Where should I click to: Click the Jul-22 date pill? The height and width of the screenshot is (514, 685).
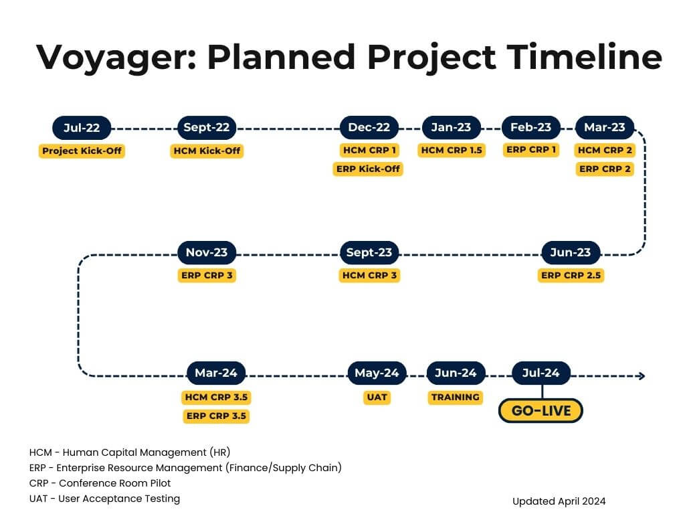82,128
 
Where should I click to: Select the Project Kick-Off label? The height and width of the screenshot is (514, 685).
82,151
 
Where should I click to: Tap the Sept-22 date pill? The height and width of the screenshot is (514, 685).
207,128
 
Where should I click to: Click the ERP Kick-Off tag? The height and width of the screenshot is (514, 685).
368,169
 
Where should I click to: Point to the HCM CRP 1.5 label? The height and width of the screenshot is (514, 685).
452,151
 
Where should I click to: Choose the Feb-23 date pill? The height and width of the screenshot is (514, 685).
530,127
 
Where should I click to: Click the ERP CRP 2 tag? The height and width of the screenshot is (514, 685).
605,169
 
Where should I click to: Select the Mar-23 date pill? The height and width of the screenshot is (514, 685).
605,127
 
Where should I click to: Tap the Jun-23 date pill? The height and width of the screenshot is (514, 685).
571,252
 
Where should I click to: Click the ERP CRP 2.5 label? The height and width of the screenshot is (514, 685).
571,275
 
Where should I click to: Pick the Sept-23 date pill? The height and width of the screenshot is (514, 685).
369,252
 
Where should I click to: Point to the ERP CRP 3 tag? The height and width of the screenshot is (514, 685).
207,275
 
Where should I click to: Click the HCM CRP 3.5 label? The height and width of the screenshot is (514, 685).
216,397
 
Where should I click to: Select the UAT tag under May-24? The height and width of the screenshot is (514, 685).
377,397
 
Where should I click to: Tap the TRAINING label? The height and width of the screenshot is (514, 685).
455,397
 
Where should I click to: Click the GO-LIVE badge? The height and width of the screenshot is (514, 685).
541,411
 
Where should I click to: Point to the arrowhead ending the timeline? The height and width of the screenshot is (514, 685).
642,376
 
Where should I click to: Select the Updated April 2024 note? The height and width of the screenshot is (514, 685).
559,501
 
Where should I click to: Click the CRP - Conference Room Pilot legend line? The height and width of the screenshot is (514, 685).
100,483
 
